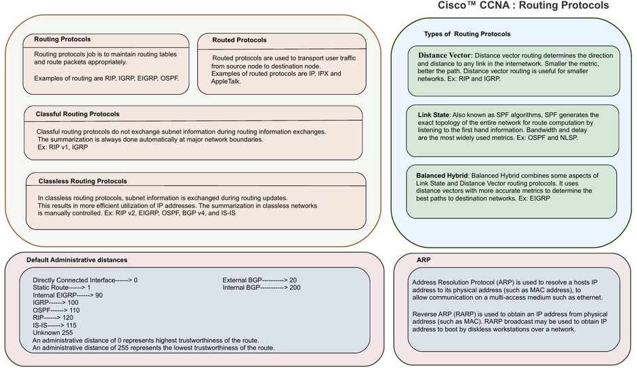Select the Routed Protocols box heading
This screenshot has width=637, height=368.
coord(239,40)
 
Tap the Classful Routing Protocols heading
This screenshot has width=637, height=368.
coord(77,114)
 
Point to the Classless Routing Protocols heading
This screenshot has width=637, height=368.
coord(83,181)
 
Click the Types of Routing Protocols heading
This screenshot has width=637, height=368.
coord(467,34)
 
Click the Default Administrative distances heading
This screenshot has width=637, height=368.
coord(77,260)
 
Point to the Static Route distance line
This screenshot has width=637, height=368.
coord(62,287)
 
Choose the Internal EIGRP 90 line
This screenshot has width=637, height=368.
coord(68,295)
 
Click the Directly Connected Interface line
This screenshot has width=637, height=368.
coord(85,279)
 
